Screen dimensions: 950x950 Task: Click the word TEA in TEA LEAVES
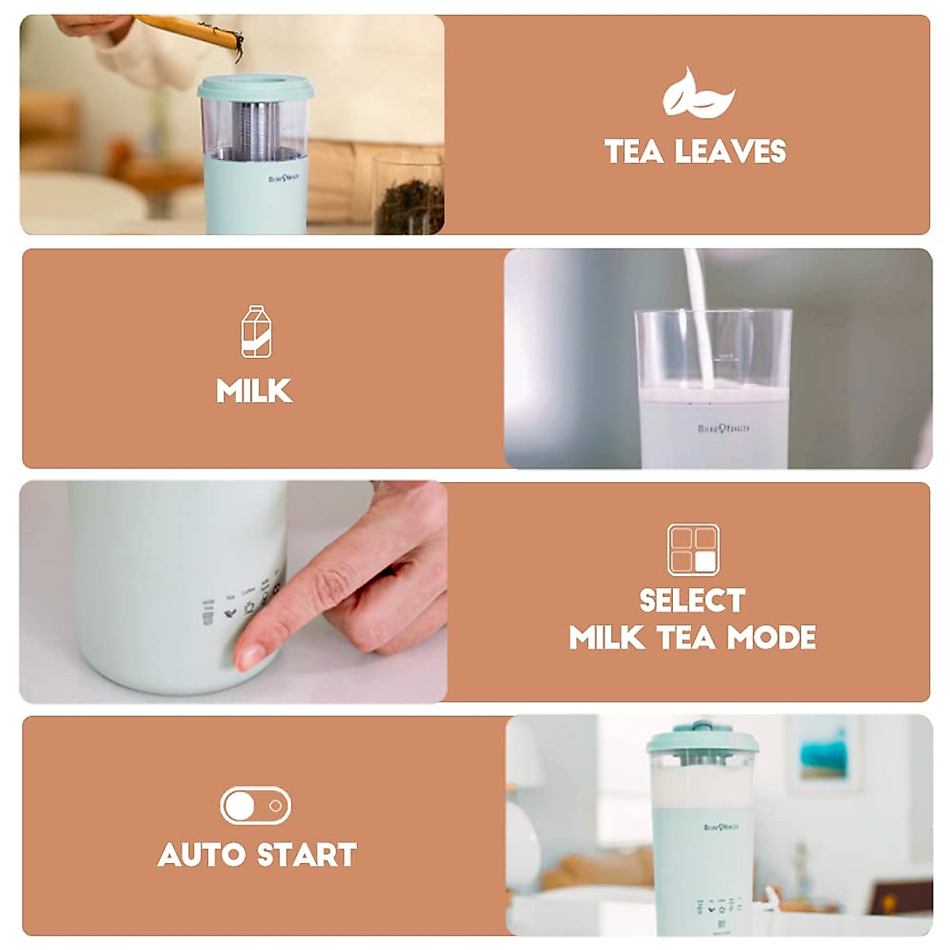point(634,151)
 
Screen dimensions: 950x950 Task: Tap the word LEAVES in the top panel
point(729,151)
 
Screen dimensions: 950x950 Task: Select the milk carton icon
point(256,331)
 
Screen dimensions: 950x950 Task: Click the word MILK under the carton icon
point(255,391)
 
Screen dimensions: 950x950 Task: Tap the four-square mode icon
point(693,549)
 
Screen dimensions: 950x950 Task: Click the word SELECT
point(692,600)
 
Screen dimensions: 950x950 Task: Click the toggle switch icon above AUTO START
point(255,806)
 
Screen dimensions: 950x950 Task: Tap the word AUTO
point(201,855)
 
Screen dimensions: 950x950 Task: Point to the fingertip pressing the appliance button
point(252,654)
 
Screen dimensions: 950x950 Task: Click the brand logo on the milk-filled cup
point(724,428)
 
